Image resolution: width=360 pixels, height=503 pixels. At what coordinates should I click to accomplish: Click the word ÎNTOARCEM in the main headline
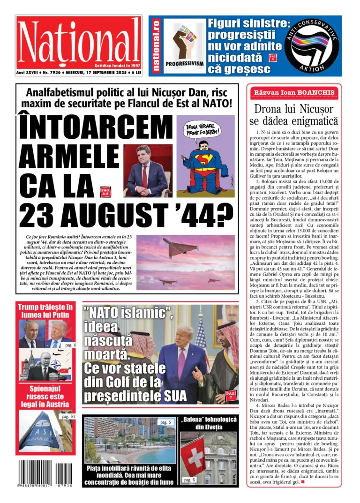coord(96,128)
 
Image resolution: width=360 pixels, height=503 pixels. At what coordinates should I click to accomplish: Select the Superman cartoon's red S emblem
coord(206,162)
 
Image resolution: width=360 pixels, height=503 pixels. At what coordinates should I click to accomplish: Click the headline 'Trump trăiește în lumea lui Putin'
coord(45,311)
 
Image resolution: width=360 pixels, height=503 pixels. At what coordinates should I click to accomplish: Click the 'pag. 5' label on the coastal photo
coord(165,422)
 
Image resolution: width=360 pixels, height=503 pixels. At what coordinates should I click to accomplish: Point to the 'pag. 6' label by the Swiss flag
coord(189,480)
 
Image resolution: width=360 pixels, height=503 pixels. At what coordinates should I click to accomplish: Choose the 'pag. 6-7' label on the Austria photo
coord(66,416)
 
